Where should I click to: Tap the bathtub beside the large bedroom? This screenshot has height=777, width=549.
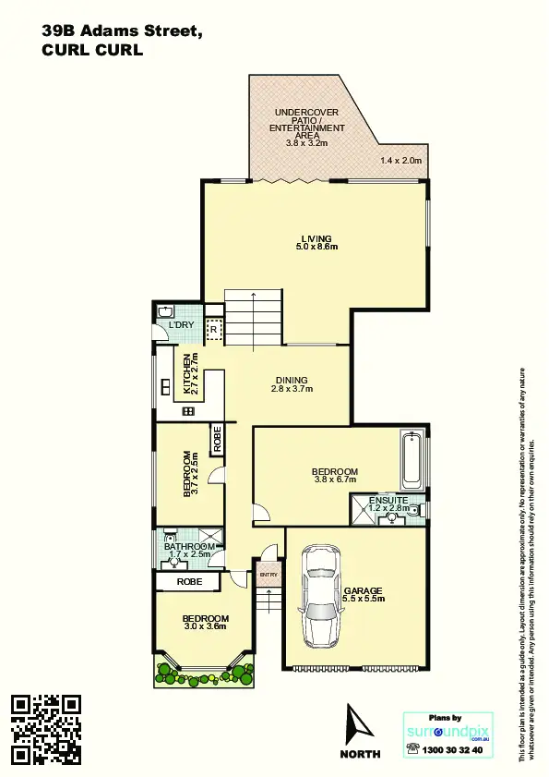(413, 461)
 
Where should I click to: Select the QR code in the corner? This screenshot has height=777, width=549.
(45, 730)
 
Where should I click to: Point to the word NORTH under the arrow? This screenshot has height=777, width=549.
(360, 754)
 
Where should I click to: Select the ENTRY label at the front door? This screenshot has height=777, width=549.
(269, 575)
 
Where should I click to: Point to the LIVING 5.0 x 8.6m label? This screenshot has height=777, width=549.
(316, 243)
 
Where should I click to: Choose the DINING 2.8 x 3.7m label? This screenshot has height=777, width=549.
(292, 384)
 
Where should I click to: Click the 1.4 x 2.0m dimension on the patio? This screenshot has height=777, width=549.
(400, 161)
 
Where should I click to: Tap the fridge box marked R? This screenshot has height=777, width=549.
(212, 329)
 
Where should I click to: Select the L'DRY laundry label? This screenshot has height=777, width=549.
(181, 325)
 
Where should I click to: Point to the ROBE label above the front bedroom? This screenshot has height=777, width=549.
(188, 582)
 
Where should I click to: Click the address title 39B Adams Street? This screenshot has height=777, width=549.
(123, 31)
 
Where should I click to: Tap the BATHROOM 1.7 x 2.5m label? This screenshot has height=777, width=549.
(189, 551)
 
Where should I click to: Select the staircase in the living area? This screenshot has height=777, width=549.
(253, 317)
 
